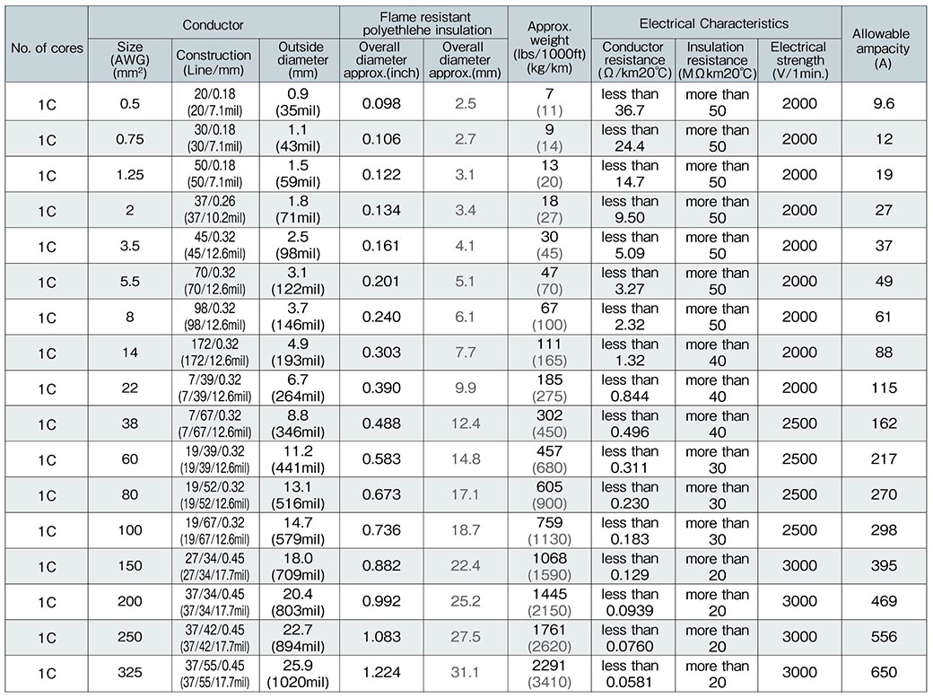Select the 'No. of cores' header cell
[x=48, y=48]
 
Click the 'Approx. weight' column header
[x=549, y=48]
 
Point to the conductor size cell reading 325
[x=130, y=675]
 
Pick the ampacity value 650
[x=885, y=675]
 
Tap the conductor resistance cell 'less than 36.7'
[x=630, y=103]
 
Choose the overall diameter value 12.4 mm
[x=466, y=424]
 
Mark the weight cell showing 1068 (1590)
[x=549, y=567]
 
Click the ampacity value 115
[x=885, y=388]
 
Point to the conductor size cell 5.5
[x=130, y=282]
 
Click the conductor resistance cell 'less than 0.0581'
[x=630, y=675]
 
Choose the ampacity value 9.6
[x=885, y=103]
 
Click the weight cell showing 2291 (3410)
[x=549, y=675]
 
